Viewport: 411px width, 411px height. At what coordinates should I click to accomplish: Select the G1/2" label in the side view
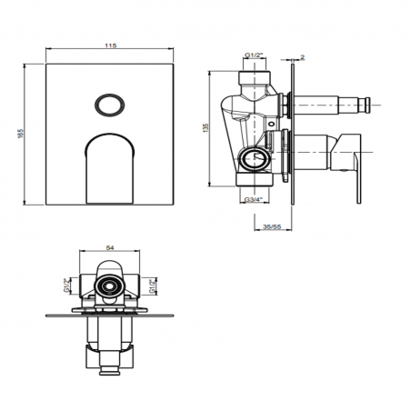click(255, 56)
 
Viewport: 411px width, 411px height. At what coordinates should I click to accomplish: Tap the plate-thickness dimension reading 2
click(303, 56)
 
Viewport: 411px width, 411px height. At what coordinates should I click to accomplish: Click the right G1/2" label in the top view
click(151, 288)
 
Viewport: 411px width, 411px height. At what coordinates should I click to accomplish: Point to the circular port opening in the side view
click(256, 162)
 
